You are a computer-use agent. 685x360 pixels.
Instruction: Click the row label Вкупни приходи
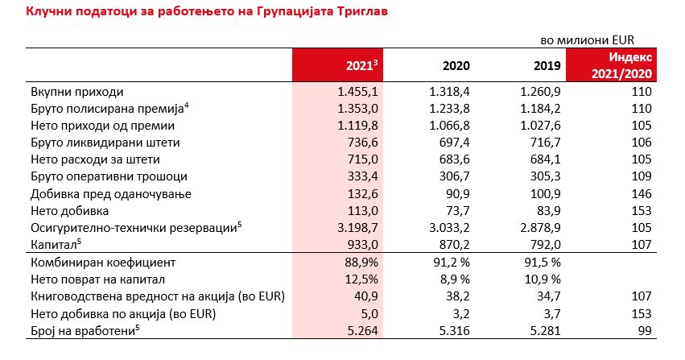76,92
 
